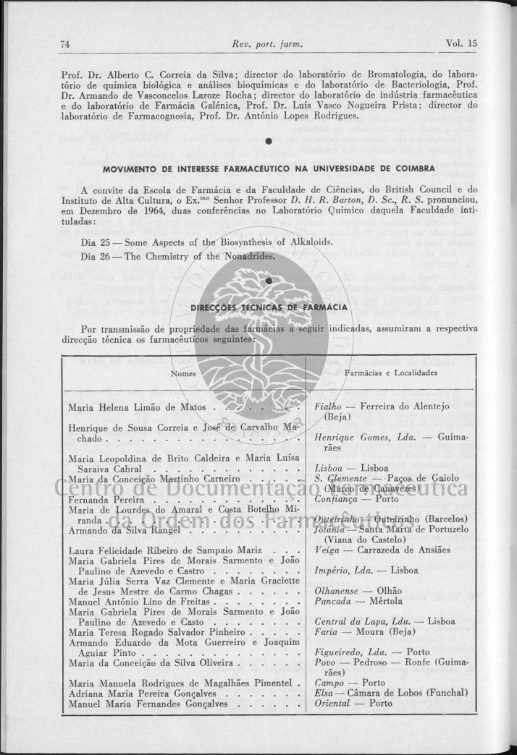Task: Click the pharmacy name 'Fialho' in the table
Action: (328, 406)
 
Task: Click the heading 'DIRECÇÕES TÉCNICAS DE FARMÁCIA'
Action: (269, 307)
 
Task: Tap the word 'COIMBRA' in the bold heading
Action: (412, 169)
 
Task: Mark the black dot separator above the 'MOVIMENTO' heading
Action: (268, 140)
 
